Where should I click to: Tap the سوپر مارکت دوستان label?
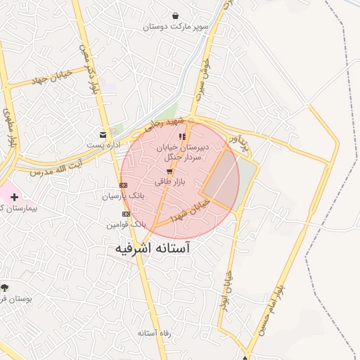click(x=176, y=27)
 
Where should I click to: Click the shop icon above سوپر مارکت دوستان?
click(x=174, y=15)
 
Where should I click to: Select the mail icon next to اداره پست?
click(x=103, y=134)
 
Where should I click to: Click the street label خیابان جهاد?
click(x=49, y=78)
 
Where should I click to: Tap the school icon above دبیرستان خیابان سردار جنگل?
click(x=183, y=136)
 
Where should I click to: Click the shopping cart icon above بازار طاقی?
click(x=169, y=171)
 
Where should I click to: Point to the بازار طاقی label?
click(x=169, y=181)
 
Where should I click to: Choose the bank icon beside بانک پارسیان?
click(x=124, y=185)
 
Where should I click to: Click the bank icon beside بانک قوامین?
click(x=126, y=214)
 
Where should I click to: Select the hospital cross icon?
click(x=14, y=196)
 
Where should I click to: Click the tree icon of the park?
click(x=5, y=287)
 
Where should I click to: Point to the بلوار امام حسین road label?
click(x=271, y=309)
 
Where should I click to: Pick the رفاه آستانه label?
click(x=155, y=332)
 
